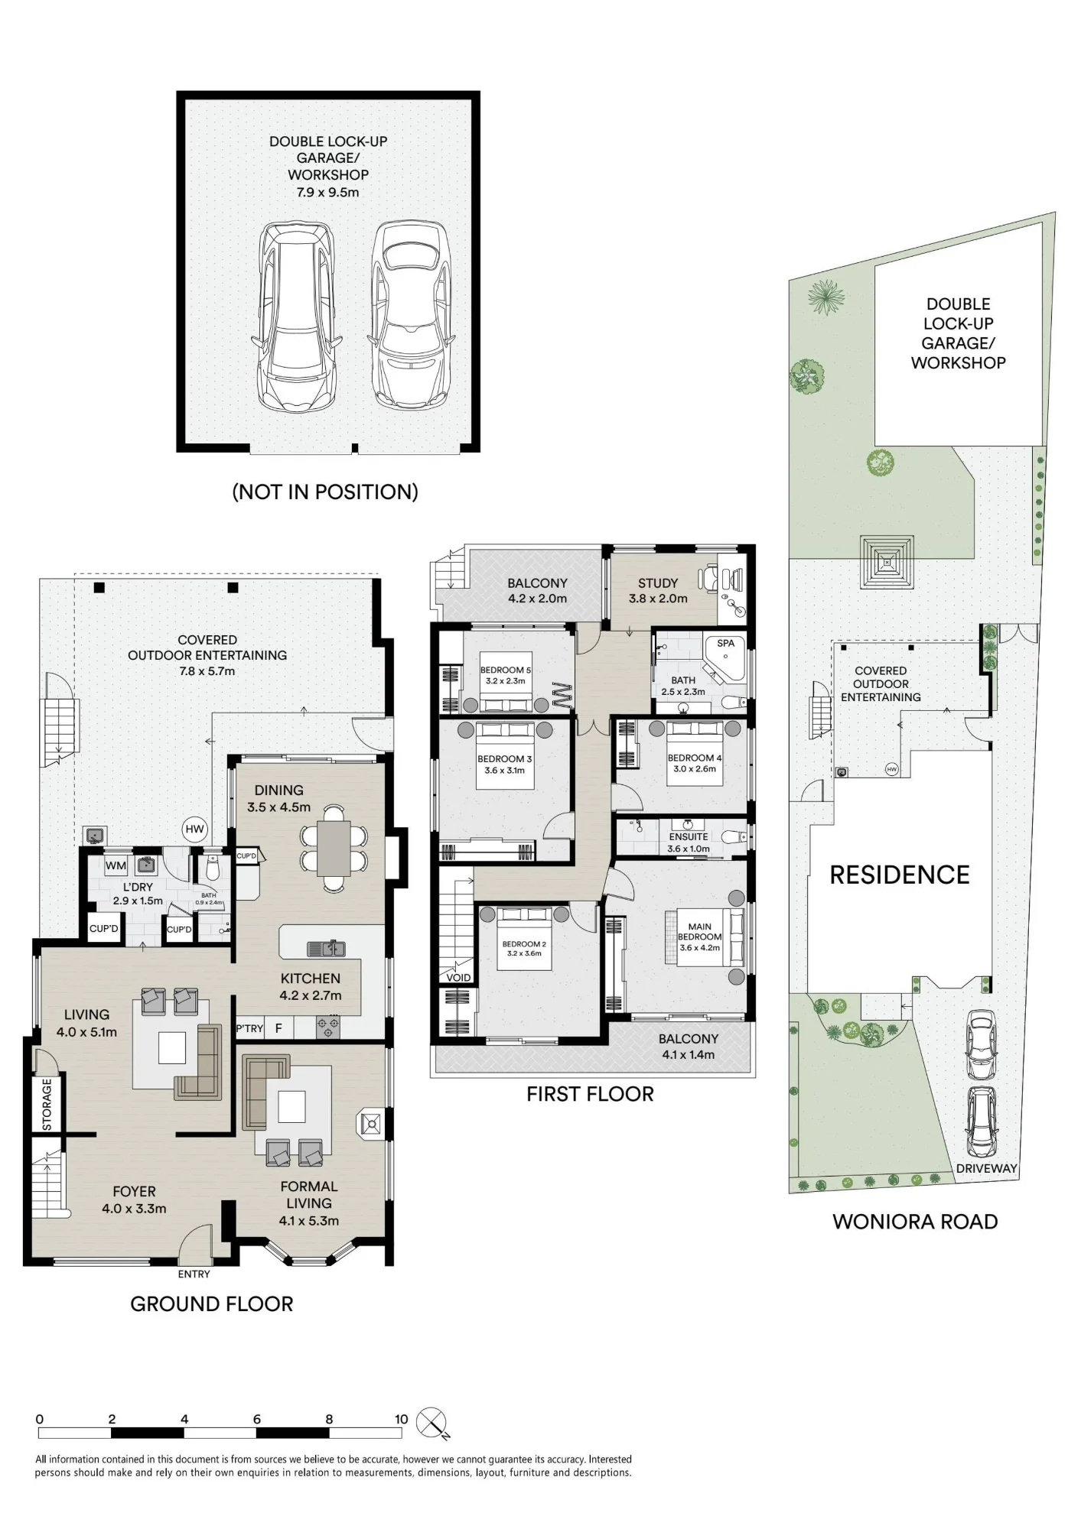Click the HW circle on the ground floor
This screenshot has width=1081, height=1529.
point(195,829)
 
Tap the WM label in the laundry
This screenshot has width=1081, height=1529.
point(116,866)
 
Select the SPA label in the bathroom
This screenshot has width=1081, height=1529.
point(725,643)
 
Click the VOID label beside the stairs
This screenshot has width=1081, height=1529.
point(458,977)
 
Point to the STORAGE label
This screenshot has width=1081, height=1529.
point(47,1104)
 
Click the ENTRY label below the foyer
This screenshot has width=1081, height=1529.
point(194,1274)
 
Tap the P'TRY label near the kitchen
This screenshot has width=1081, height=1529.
point(249,1028)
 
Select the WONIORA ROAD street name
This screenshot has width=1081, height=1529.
point(915,1222)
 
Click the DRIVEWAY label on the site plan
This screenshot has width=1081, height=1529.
point(987,1168)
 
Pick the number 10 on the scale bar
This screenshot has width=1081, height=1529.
point(401,1419)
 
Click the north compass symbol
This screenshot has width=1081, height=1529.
point(432,1423)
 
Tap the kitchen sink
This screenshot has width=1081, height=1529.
point(326,949)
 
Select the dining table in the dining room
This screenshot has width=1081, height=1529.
point(334,848)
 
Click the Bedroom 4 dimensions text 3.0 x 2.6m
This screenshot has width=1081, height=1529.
point(695,769)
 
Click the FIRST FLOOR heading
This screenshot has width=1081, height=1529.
point(590,1094)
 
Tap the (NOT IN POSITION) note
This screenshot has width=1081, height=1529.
point(325,492)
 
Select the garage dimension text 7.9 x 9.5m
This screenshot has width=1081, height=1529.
point(327,193)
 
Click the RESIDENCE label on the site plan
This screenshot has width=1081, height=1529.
point(900,875)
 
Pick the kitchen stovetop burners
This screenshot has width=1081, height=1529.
point(328,1027)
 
